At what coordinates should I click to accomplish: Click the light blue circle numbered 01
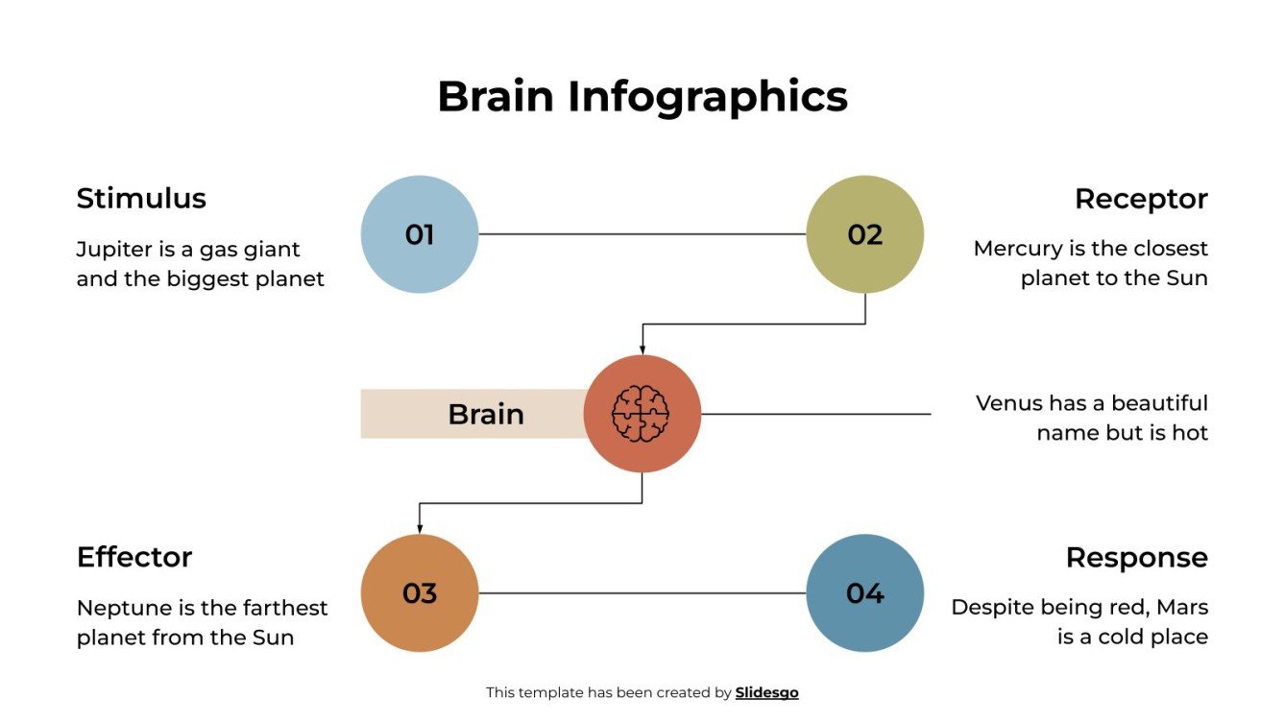(420, 234)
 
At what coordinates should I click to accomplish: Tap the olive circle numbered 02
(864, 234)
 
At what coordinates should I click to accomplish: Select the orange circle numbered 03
(420, 593)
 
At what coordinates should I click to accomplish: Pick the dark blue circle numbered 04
(864, 593)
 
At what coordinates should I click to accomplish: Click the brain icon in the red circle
(642, 414)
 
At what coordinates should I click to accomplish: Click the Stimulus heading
(141, 199)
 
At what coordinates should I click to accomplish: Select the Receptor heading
(1141, 199)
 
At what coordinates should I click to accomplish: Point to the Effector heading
(134, 558)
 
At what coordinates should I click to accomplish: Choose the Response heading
(1136, 558)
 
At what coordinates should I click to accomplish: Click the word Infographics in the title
(707, 97)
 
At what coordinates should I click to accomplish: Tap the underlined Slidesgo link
(766, 692)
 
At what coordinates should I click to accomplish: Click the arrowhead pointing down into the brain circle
(642, 349)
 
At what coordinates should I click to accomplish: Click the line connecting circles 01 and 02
(642, 234)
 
